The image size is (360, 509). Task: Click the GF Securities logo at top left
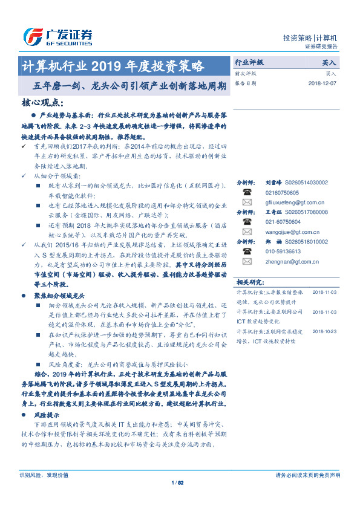point(57,36)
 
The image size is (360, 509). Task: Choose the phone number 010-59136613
point(286,251)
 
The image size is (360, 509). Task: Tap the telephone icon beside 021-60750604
point(247,222)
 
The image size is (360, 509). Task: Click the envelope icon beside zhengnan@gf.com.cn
point(247,261)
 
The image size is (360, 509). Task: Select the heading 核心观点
point(42,103)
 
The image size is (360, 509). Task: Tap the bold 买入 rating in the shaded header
point(329,62)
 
